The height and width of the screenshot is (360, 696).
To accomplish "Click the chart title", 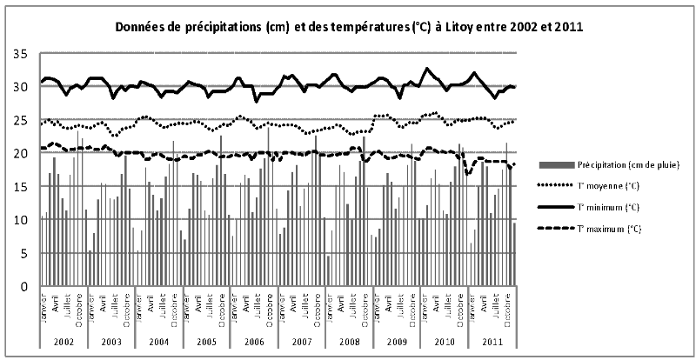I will pos(348,27).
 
